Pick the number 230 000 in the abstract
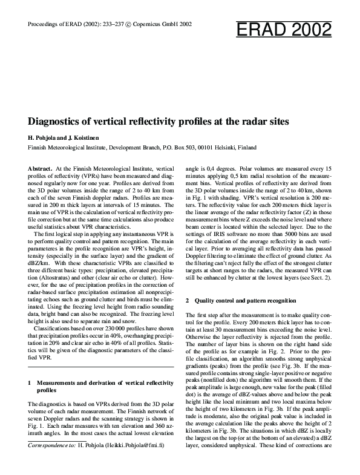[115, 333]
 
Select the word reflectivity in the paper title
[171, 121]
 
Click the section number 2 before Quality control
[188, 301]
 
